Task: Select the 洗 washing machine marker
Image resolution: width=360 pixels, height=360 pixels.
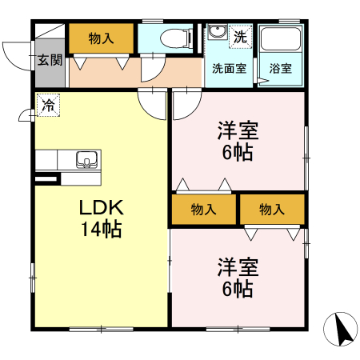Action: tap(239, 37)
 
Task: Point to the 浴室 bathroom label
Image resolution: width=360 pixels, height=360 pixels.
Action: tap(281, 68)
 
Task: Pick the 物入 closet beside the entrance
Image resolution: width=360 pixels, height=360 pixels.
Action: tap(101, 38)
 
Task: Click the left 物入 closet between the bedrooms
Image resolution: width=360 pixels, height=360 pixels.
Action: tap(204, 210)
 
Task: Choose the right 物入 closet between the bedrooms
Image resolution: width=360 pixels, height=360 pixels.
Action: tap(272, 210)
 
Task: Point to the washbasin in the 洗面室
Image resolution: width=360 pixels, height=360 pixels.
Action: tap(217, 35)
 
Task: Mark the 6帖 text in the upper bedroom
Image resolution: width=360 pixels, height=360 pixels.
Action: tap(238, 152)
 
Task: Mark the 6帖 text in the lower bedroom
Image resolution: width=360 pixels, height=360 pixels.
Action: tap(238, 288)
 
